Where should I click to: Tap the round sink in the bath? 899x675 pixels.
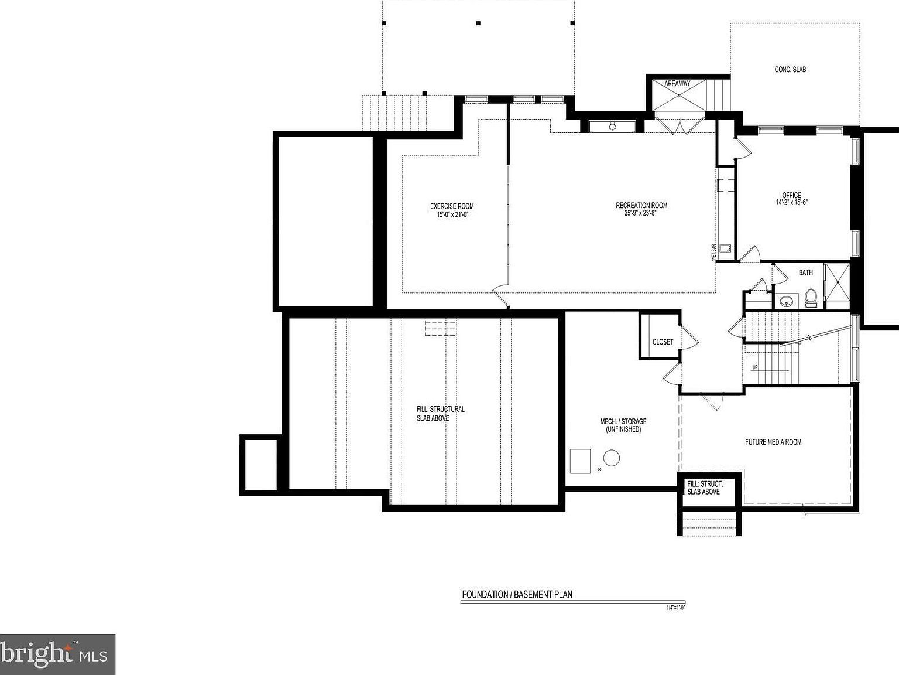[786, 301]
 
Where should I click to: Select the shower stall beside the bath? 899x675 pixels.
[837, 285]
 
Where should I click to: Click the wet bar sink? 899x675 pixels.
[725, 248]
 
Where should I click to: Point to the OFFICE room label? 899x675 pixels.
[792, 195]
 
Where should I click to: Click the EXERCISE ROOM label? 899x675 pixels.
[452, 206]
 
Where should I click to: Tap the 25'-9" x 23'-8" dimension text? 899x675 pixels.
[641, 213]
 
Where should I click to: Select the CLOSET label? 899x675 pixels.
[663, 342]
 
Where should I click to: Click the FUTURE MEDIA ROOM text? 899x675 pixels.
[773, 442]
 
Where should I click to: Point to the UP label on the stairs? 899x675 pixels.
[755, 367]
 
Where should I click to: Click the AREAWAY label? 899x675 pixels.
[677, 84]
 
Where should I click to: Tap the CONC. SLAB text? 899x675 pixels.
[790, 70]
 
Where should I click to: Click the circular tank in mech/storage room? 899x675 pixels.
[612, 458]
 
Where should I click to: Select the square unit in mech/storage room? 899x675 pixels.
[581, 460]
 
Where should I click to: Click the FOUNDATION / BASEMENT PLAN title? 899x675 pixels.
[517, 594]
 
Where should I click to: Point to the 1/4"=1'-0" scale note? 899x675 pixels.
[675, 608]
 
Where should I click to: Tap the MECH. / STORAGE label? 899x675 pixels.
[623, 421]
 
